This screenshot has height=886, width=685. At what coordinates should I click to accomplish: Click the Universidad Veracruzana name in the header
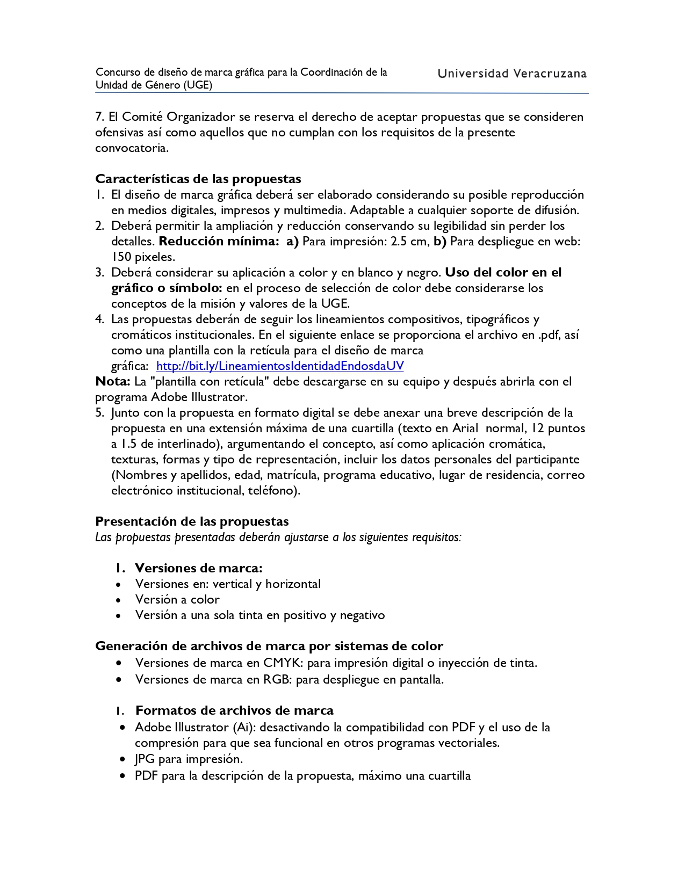(512, 74)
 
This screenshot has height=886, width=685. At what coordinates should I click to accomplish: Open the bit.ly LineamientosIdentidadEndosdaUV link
(279, 366)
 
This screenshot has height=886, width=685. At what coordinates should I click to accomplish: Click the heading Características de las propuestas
(198, 179)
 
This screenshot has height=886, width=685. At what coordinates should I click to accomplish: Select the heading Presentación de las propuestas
(192, 521)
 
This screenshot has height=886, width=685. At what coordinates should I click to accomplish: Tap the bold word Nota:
(113, 382)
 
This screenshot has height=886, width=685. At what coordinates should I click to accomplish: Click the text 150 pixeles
(143, 257)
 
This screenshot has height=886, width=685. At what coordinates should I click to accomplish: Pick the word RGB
(277, 680)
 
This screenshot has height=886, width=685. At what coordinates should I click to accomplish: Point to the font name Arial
(465, 429)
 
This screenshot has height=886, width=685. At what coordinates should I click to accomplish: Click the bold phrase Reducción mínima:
(219, 242)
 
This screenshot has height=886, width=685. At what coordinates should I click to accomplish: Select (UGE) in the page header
(197, 85)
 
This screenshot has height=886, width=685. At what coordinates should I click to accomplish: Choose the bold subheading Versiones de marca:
(199, 568)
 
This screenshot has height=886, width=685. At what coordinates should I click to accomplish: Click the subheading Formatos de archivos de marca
(234, 711)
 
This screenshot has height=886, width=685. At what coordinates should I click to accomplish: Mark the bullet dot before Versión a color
(118, 600)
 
